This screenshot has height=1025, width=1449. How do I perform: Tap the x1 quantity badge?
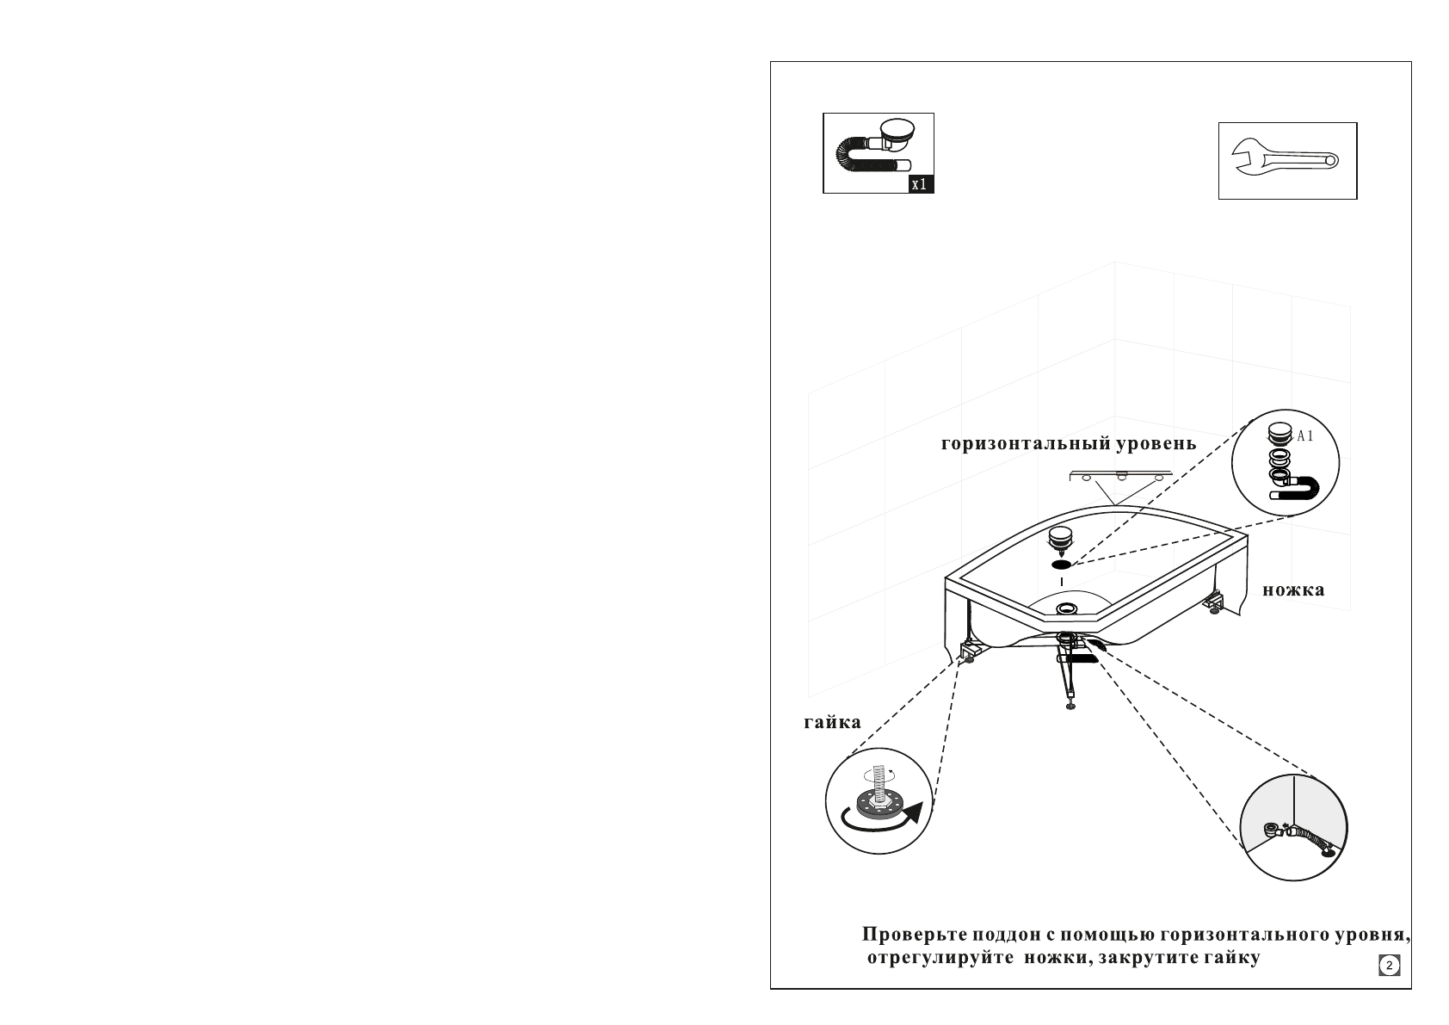point(921,184)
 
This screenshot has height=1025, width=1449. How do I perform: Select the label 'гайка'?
point(833,723)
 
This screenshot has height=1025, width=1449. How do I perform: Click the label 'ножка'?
point(1293,590)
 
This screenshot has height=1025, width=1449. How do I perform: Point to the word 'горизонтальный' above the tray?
point(1027,444)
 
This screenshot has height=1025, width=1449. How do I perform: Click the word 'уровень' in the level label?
point(1156,444)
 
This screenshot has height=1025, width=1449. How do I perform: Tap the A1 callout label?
point(1305,436)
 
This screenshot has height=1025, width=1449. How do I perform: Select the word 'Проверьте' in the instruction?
point(914,935)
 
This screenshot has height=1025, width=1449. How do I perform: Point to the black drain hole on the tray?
point(1061,565)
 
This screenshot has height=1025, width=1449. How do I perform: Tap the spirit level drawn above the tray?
point(1121,476)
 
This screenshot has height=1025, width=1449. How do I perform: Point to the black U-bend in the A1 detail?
point(1295,489)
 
